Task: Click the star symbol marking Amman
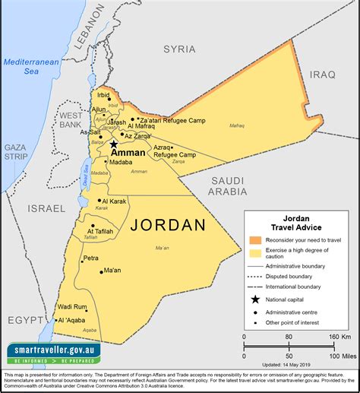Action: [114, 144]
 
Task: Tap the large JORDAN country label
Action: [169, 225]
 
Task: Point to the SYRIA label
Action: [179, 49]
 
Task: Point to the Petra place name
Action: [90, 258]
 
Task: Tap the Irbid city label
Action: [104, 95]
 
